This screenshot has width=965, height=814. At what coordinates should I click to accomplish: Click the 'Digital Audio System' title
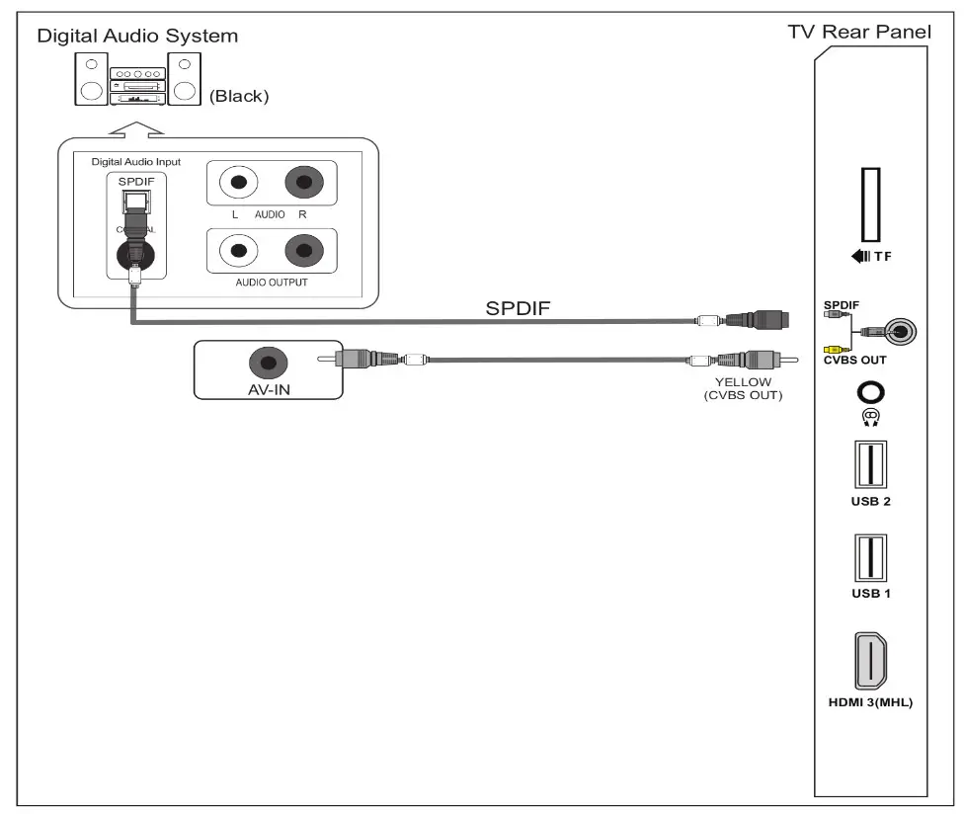(137, 37)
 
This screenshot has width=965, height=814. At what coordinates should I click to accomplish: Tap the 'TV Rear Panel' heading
(858, 33)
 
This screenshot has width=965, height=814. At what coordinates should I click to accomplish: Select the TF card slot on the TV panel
(871, 203)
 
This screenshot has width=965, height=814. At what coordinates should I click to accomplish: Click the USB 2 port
(870, 463)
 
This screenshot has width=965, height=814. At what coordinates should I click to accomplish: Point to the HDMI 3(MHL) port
(870, 661)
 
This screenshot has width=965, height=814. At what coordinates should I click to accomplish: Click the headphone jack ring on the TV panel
(870, 392)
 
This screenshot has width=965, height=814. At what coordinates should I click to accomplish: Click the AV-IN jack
(268, 362)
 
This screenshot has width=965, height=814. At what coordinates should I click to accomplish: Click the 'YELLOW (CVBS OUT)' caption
(743, 388)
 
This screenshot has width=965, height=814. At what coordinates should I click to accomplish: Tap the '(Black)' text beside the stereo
(238, 97)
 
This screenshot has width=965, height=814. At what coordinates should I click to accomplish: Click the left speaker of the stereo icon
(90, 79)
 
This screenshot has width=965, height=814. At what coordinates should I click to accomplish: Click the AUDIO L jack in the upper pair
(237, 183)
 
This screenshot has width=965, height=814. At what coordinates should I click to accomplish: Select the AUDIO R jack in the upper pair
(303, 183)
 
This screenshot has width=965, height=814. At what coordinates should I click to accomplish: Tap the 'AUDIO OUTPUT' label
(271, 282)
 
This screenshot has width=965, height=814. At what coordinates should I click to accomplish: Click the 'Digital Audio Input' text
(135, 161)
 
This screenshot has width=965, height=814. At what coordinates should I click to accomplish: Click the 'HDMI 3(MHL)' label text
(870, 703)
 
